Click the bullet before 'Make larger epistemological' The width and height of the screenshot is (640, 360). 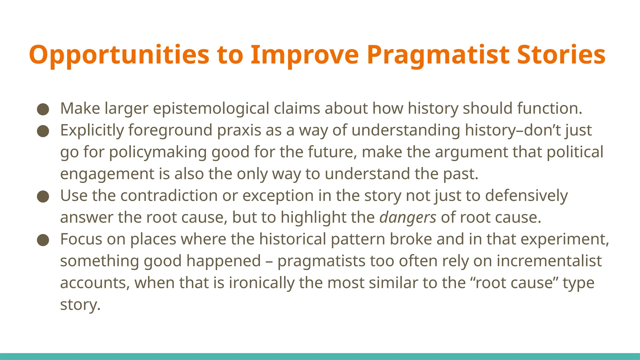[43, 109]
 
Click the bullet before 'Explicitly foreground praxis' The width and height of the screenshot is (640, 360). [43, 131]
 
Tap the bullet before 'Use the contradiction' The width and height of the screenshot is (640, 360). [43, 197]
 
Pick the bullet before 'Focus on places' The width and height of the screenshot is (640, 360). [43, 240]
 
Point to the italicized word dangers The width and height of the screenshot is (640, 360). [407, 217]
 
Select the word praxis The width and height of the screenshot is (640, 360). [239, 130]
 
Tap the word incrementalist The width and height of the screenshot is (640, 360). [549, 261]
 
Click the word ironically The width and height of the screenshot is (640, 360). [262, 283]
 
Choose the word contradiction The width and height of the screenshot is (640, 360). [169, 196]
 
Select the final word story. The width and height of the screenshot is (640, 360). [80, 305]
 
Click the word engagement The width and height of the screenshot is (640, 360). [107, 174]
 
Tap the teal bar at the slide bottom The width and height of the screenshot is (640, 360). [320, 356]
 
